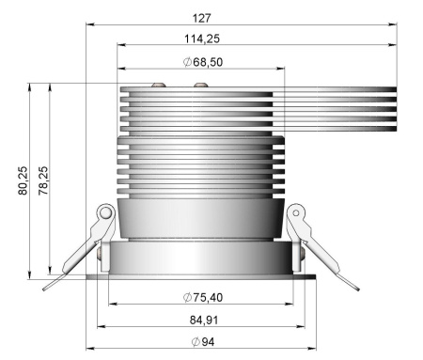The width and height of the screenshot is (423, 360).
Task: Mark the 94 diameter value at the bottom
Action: [207, 341]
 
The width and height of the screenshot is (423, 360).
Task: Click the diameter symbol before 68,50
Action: [188, 62]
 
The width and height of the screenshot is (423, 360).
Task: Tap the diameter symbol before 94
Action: [195, 341]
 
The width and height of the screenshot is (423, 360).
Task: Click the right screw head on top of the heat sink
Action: [200, 86]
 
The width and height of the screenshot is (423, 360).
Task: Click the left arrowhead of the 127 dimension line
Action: [90, 25]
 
